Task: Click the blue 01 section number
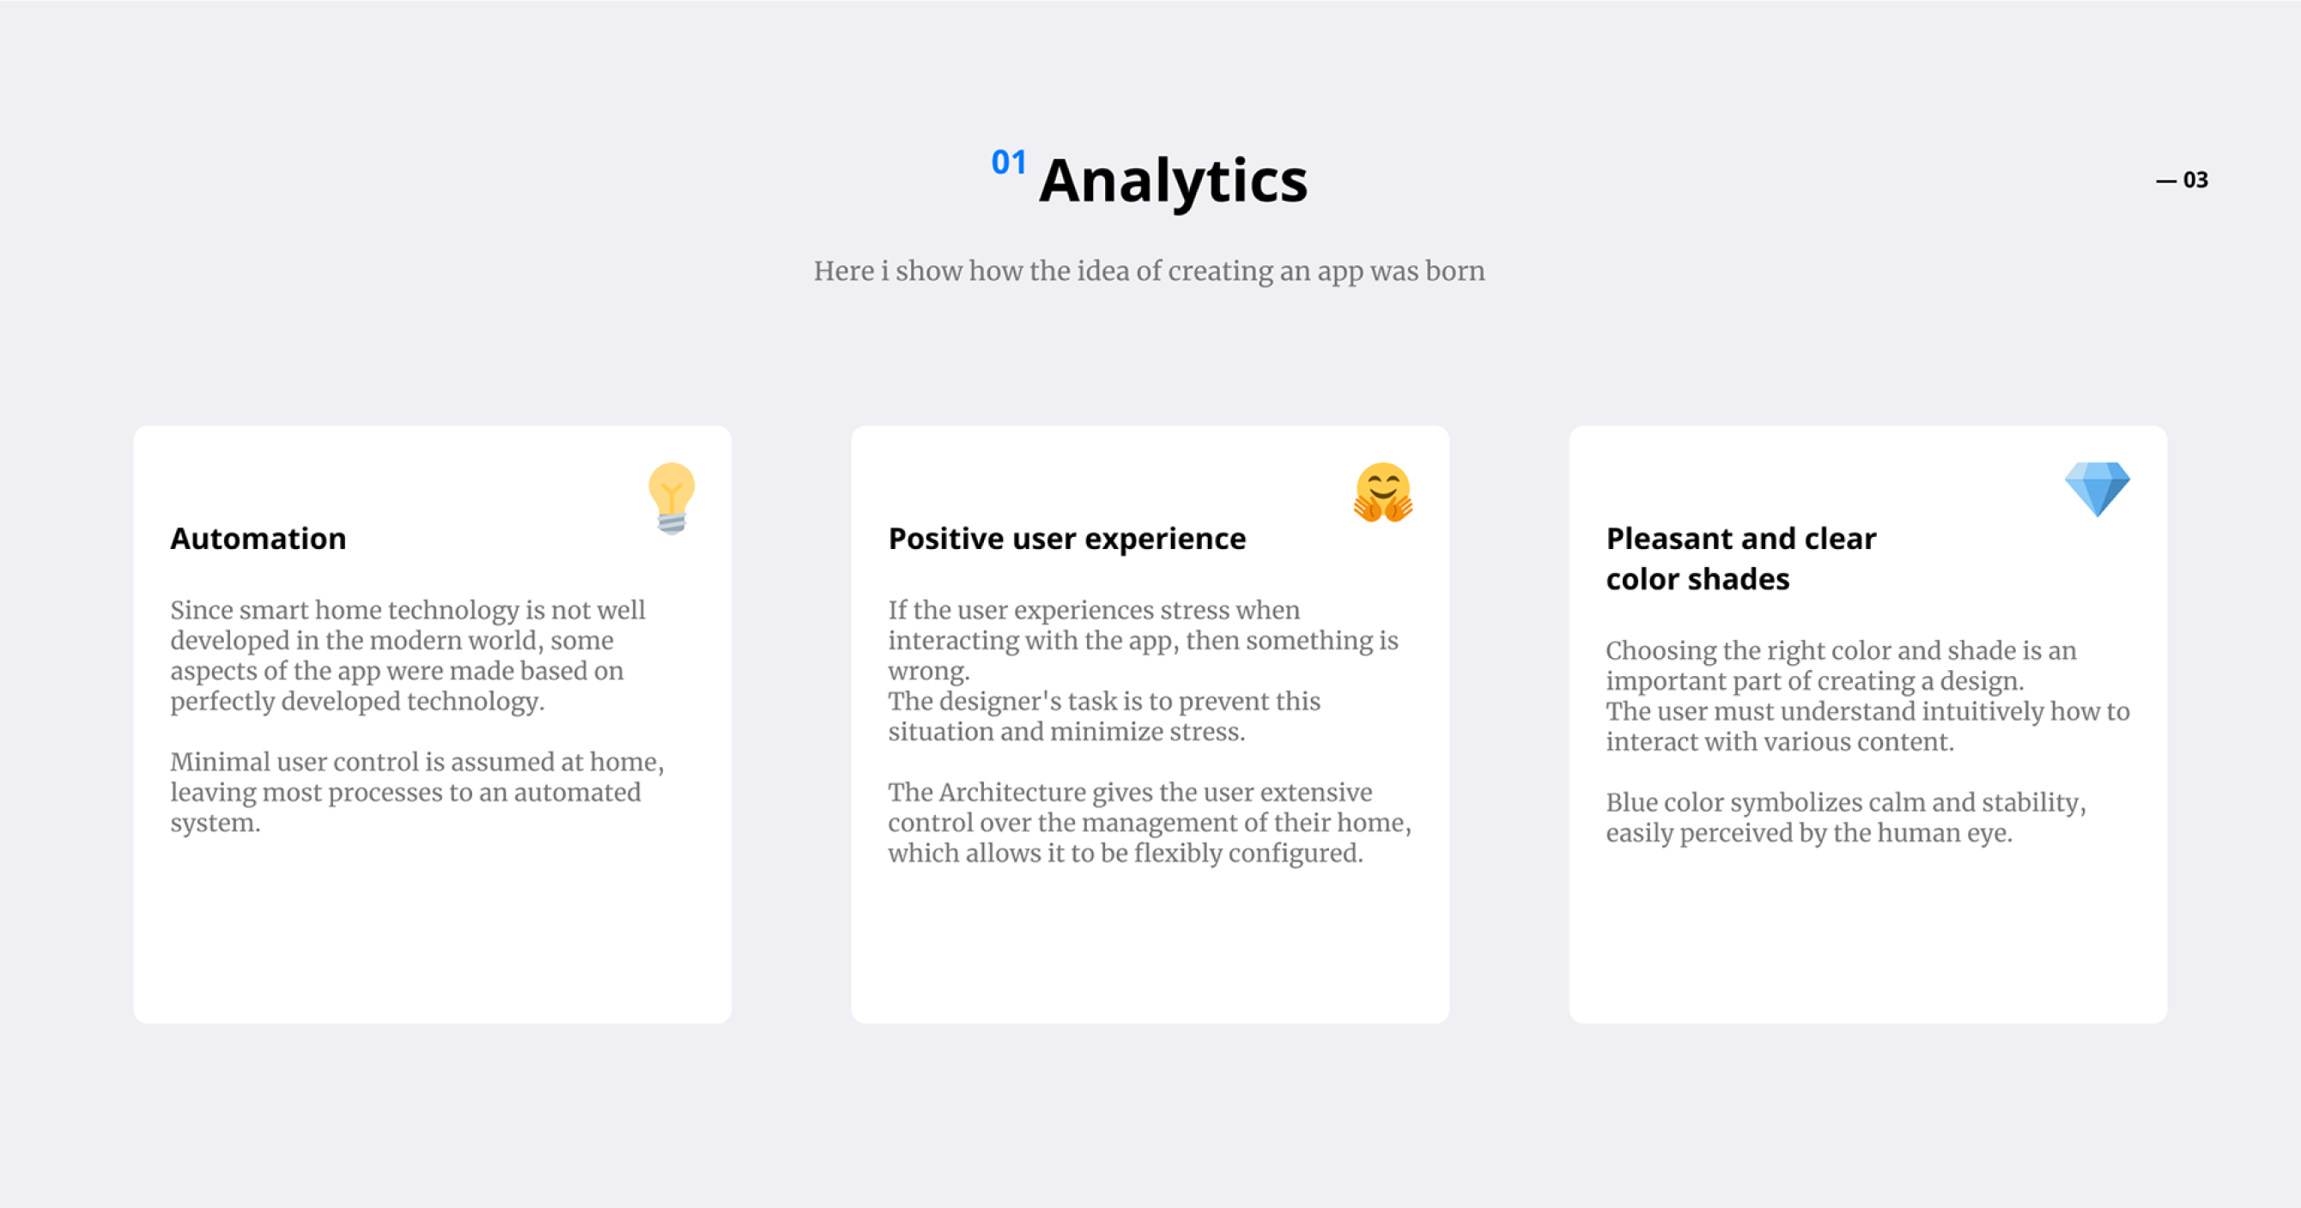[1009, 161]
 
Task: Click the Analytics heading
[1173, 181]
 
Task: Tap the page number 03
[2195, 179]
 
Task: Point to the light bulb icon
[671, 498]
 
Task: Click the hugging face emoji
[1382, 492]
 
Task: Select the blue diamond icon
[2098, 488]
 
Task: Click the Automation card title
[258, 539]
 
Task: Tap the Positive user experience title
[1066, 540]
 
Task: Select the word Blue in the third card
[1631, 802]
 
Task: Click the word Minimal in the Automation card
[219, 762]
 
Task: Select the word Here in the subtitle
[843, 270]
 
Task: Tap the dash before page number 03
[2166, 180]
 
